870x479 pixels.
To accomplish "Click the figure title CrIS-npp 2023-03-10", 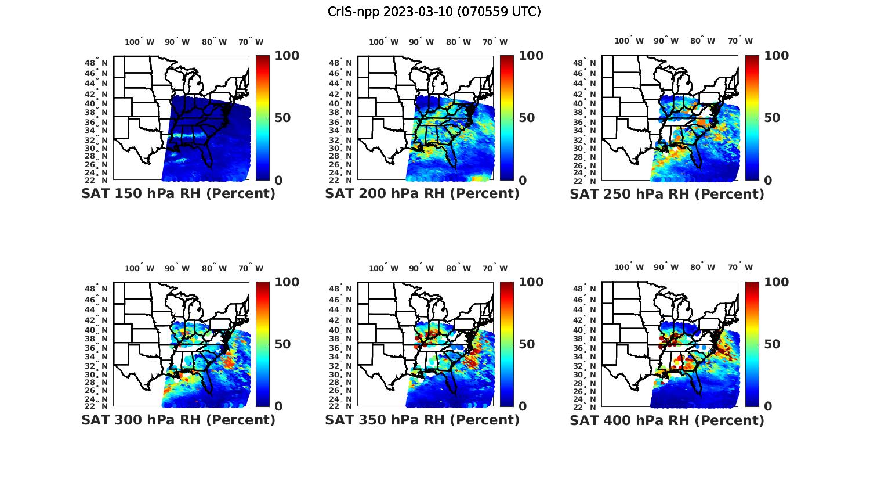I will [434, 12].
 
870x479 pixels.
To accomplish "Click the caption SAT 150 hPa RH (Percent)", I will [179, 194].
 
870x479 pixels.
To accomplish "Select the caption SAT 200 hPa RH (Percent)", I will [422, 194].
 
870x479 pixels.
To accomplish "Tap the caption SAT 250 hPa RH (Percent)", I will [667, 194].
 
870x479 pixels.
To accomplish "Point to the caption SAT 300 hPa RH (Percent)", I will [179, 420].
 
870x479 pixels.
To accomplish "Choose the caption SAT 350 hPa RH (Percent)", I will [422, 420].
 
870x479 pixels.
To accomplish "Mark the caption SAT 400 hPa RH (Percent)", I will [667, 420].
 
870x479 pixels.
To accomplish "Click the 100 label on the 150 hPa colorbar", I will [287, 56].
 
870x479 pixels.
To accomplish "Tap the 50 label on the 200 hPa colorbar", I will [527, 118].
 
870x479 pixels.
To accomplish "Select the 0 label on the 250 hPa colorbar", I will [768, 181].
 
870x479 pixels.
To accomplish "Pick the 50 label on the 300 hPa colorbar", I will [282, 344].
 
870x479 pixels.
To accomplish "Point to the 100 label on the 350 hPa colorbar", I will [531, 282].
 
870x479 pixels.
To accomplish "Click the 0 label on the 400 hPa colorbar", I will [768, 406].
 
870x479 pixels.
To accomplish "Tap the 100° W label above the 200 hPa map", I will [383, 42].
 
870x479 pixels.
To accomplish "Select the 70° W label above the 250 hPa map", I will [740, 41].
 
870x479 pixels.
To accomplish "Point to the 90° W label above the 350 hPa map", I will [421, 268].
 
